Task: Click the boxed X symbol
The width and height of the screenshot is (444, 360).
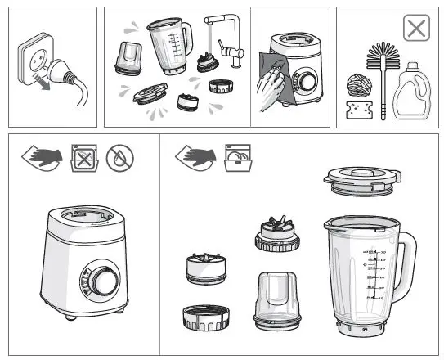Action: click(x=416, y=29)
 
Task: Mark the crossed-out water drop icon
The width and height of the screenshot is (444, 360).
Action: click(x=120, y=157)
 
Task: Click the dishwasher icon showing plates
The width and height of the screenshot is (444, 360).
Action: click(x=236, y=157)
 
